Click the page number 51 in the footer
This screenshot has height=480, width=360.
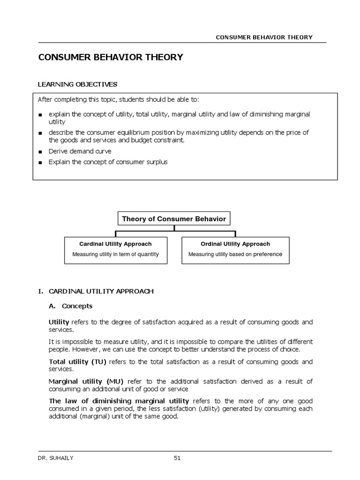pyautogui.click(x=177, y=458)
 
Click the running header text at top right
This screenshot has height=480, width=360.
pyautogui.click(x=264, y=37)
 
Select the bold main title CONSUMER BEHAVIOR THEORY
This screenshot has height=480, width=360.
pyautogui.click(x=110, y=57)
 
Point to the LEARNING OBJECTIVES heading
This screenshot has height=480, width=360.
pyautogui.click(x=77, y=84)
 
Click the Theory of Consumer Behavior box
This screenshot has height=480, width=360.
pyautogui.click(x=174, y=219)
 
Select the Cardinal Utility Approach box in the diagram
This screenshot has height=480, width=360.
pyautogui.click(x=115, y=250)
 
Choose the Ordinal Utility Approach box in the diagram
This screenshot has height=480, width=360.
pyautogui.click(x=235, y=250)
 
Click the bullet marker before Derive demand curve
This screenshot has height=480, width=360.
pyautogui.click(x=41, y=152)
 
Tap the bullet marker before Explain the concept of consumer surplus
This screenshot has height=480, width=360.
pyautogui.click(x=41, y=163)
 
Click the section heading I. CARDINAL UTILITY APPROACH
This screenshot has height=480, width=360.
pyautogui.click(x=96, y=291)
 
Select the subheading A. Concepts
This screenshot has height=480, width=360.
pyautogui.click(x=71, y=306)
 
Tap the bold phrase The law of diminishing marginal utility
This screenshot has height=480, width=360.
pyautogui.click(x=119, y=401)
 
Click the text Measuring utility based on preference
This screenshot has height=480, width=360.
pyautogui.click(x=235, y=255)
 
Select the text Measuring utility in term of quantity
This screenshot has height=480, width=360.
pyautogui.click(x=115, y=255)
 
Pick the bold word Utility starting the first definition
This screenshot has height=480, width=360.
pyautogui.click(x=59, y=322)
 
